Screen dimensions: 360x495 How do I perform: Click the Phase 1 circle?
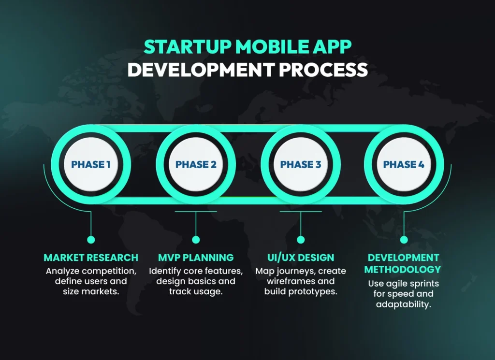pyautogui.click(x=91, y=164)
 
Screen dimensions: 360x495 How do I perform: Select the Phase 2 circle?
pyautogui.click(x=196, y=164)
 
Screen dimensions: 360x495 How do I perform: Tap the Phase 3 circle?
pyautogui.click(x=300, y=164)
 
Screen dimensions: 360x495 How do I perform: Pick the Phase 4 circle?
pyautogui.click(x=404, y=164)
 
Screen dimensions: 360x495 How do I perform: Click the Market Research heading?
pyautogui.click(x=91, y=258)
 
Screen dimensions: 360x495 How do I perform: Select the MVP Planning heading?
pyautogui.click(x=196, y=258)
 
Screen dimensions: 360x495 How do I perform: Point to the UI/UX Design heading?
pyautogui.click(x=300, y=258)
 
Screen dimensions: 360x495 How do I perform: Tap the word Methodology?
pyautogui.click(x=403, y=269)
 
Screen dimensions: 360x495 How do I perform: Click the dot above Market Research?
pyautogui.click(x=91, y=239)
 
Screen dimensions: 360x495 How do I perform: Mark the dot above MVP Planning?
pyautogui.click(x=196, y=239)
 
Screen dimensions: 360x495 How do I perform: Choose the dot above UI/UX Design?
pyautogui.click(x=300, y=239)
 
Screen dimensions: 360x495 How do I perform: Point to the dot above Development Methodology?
pyautogui.click(x=404, y=239)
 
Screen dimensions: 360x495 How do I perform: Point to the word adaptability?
pyautogui.click(x=403, y=304)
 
